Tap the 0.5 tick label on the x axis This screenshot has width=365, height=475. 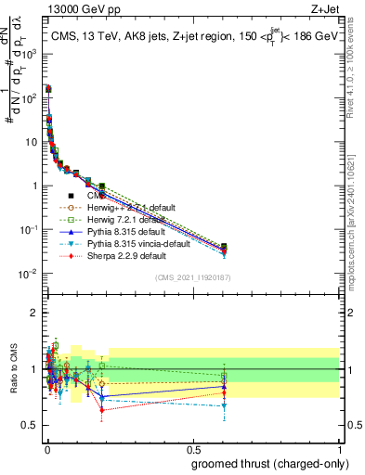(192, 448)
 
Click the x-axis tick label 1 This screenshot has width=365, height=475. (339, 448)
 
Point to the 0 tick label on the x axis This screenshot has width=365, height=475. (46, 448)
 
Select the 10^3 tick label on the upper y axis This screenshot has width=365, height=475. (30, 55)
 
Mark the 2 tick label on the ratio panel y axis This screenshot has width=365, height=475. (35, 313)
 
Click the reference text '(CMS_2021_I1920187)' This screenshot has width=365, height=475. (192, 278)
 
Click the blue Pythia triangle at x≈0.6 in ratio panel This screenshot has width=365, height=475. (224, 386)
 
